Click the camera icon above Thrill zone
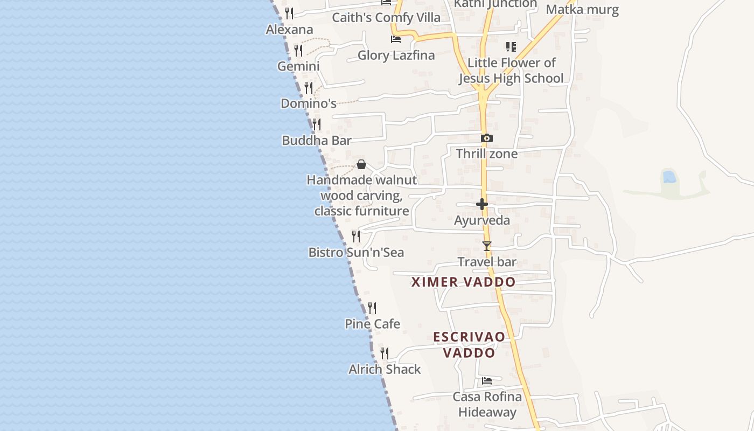[x=486, y=138]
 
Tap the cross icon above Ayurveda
[x=482, y=204]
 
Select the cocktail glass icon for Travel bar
[x=487, y=246]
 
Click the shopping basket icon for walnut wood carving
[x=361, y=164]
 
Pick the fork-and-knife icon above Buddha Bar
[x=317, y=124]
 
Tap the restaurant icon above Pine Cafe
[x=372, y=308]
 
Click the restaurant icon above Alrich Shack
[x=385, y=353]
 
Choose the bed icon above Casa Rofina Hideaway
[x=487, y=381]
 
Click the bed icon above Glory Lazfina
[x=396, y=39]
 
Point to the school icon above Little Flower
[x=511, y=47]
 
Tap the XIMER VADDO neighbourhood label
[x=463, y=282]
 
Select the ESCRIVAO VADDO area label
[x=469, y=345]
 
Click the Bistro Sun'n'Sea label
[x=356, y=252]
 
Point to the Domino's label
[x=309, y=103]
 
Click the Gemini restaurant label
[x=298, y=66]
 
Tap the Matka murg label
[x=582, y=9]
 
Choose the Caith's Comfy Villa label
[x=386, y=17]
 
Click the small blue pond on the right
[x=669, y=176]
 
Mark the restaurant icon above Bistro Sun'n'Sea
[x=356, y=236]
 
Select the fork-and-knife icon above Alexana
[x=290, y=13]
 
